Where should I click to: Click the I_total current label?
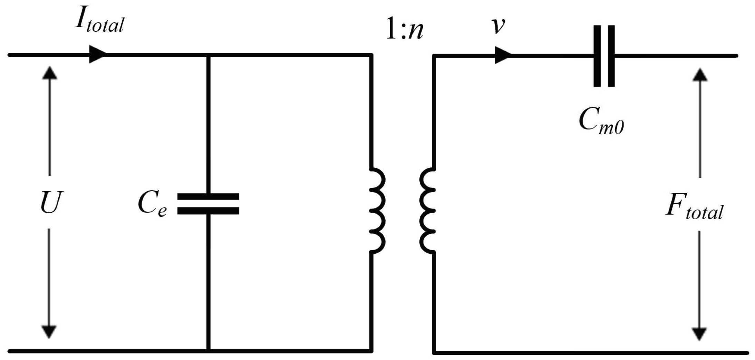coord(99,21)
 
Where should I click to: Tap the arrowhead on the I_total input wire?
coord(97,55)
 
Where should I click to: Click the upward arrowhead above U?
coord(50,73)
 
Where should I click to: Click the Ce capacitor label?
coord(152,204)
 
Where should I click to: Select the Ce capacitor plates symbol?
coord(208,204)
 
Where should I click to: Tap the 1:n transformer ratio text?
coord(404,31)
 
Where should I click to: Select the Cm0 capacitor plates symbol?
coord(604,56)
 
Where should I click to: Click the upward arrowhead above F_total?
coord(700,75)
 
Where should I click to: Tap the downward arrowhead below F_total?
coord(699,333)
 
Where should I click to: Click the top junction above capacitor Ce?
coord(208,55)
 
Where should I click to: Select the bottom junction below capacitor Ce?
coord(208,351)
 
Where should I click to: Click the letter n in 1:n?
coord(415,32)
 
